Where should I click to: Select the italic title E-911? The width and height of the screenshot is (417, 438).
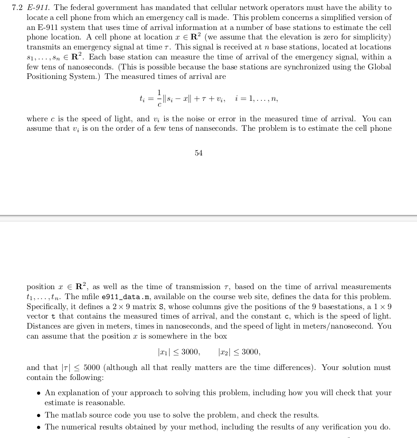(38, 8)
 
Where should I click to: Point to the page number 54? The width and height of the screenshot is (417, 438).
(199, 153)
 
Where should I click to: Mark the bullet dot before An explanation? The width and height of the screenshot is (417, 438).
(38, 393)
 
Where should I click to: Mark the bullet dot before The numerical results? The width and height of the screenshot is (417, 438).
(38, 427)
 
